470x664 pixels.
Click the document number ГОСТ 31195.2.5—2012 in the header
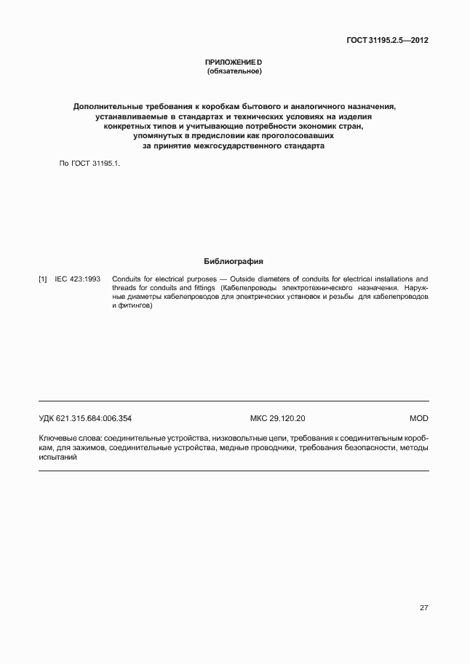(386, 41)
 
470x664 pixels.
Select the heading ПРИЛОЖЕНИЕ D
(234, 63)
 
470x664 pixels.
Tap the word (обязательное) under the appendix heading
(234, 71)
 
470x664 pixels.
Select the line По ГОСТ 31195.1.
(89, 164)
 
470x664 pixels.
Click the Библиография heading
(234, 260)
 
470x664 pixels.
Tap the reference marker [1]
(43, 279)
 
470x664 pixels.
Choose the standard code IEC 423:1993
(78, 279)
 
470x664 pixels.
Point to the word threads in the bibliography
(124, 288)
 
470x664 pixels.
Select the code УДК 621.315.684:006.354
(85, 419)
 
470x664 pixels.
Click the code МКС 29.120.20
(277, 419)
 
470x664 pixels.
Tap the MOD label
(419, 419)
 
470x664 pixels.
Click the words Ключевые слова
(70, 439)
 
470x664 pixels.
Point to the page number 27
(423, 607)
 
